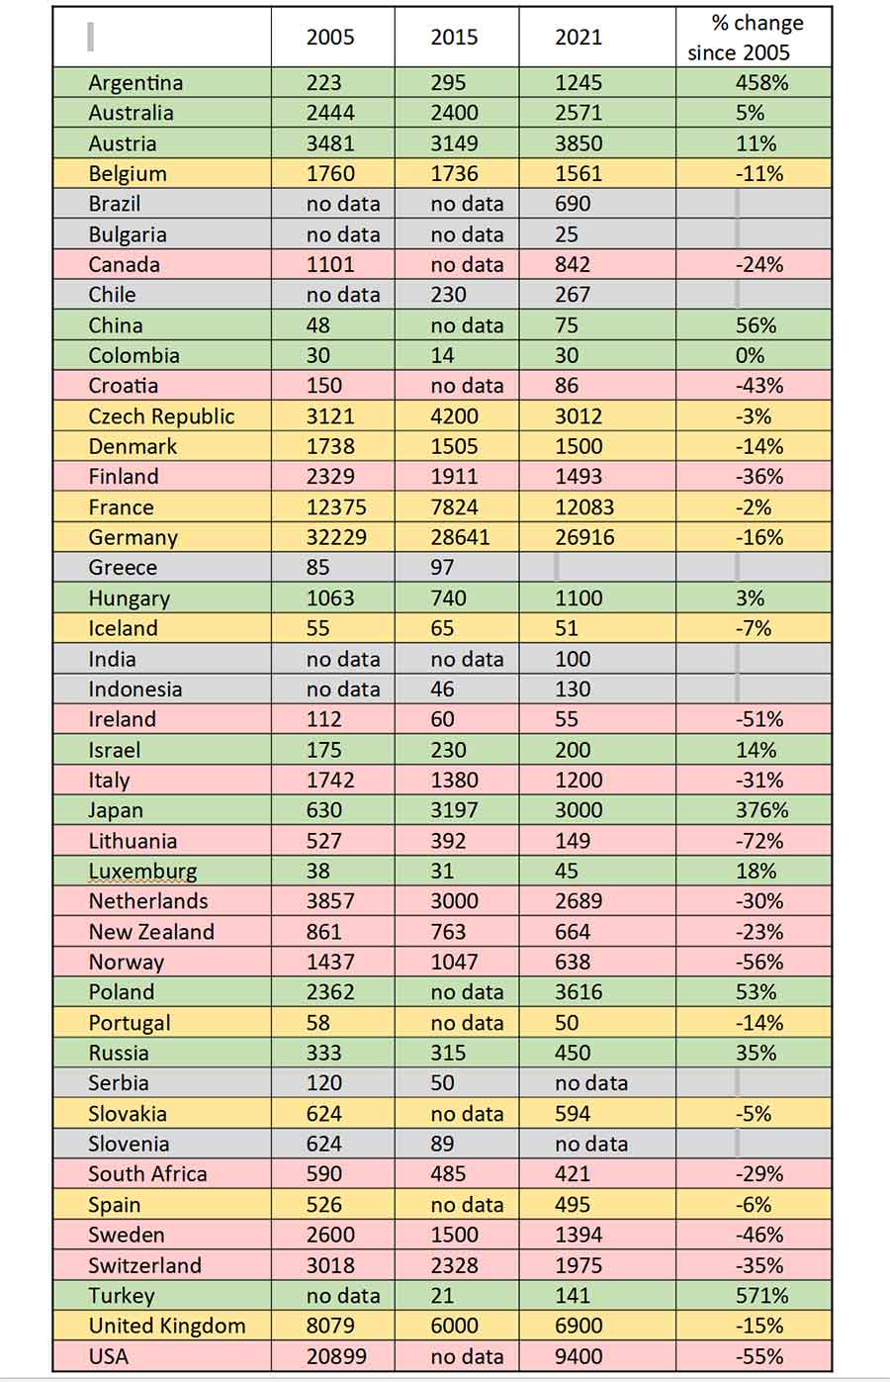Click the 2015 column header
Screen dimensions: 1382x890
pos(454,38)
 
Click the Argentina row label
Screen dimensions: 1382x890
pos(135,83)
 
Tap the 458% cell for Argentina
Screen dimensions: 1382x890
pos(761,83)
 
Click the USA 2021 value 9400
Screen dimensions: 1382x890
pos(578,1356)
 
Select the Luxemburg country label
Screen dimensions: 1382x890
pos(142,872)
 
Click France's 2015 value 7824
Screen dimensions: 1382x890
pos(454,507)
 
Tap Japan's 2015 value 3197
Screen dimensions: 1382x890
pos(454,810)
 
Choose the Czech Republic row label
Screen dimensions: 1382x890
pos(161,416)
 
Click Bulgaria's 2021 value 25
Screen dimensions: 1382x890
pos(567,234)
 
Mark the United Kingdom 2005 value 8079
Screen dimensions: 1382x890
pos(330,1326)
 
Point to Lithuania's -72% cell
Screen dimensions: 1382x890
pos(759,841)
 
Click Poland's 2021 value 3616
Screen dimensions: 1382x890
pos(578,992)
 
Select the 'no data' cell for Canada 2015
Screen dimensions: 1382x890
pos(467,265)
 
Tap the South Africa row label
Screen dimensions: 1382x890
pos(147,1174)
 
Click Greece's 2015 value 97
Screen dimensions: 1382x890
pos(442,568)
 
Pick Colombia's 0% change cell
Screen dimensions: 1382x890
pos(750,356)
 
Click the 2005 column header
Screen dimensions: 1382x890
pos(329,38)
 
